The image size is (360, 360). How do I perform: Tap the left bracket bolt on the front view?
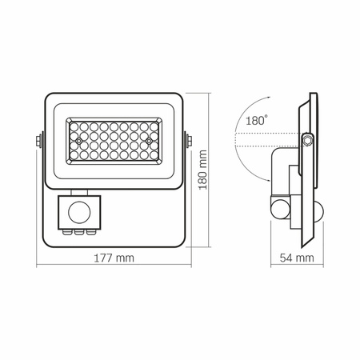pyautogui.click(x=37, y=142)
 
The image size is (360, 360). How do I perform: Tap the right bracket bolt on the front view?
pyautogui.click(x=189, y=142)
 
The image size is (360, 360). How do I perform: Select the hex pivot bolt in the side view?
pyautogui.click(x=306, y=142)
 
